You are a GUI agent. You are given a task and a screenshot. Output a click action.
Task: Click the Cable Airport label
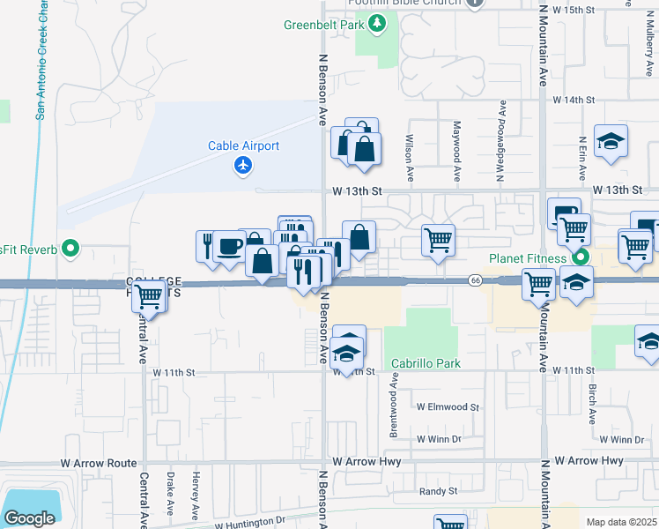point(244,146)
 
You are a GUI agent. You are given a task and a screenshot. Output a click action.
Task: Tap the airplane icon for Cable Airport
point(244,165)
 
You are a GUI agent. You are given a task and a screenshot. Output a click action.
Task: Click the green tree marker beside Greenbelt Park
point(377,22)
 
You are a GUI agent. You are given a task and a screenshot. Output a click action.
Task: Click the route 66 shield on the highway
point(474,279)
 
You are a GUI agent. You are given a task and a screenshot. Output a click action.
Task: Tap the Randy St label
point(438,491)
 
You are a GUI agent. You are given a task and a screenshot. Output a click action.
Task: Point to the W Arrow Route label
point(100,463)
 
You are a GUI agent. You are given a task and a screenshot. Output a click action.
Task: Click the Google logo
point(29,518)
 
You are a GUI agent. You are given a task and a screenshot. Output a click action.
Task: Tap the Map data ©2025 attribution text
point(621,522)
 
